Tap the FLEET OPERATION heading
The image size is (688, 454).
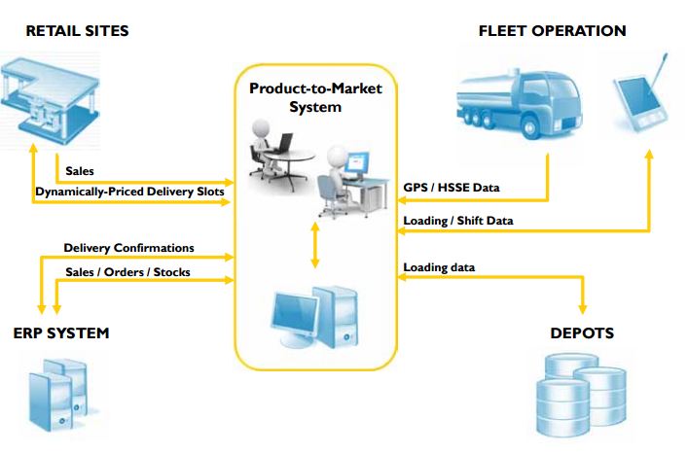click(552, 31)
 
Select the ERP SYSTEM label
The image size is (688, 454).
click(61, 333)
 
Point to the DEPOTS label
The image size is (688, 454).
click(581, 333)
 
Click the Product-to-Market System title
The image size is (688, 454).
click(315, 97)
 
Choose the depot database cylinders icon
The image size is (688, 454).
click(582, 393)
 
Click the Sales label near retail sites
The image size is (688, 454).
click(79, 171)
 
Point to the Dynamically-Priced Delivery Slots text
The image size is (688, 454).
click(129, 192)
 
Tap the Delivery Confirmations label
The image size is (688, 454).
click(128, 248)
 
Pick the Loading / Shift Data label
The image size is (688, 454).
click(458, 221)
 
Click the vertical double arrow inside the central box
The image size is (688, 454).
click(313, 246)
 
